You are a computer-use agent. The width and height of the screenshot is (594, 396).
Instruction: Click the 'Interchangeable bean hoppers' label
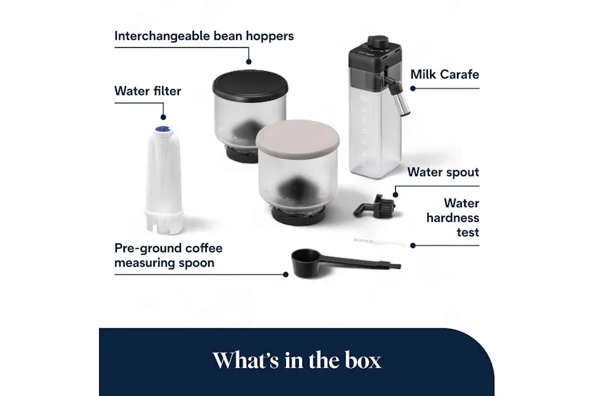click(x=203, y=36)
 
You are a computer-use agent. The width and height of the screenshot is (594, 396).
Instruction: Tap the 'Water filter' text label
click(x=148, y=91)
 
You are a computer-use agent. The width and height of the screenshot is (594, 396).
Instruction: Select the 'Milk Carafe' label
click(x=444, y=74)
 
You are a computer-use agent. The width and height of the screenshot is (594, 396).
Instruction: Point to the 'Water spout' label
click(x=443, y=172)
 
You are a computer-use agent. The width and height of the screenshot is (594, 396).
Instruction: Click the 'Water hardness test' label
click(x=453, y=218)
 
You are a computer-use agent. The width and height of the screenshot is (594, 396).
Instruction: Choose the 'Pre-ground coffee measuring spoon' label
click(x=168, y=255)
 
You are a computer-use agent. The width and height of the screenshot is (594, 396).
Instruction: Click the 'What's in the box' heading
click(x=296, y=360)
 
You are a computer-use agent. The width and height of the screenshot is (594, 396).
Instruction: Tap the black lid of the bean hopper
click(x=249, y=83)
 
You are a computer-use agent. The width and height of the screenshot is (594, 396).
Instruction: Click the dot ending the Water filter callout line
click(x=163, y=118)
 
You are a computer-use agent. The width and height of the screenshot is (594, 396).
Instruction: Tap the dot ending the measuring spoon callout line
click(x=286, y=273)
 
